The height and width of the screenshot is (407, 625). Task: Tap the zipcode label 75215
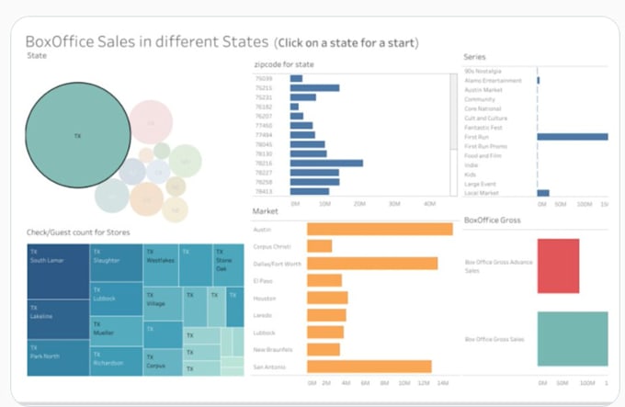(265, 88)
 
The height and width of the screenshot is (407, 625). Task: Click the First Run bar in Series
(572, 137)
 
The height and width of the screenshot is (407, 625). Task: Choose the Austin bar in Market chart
(379, 230)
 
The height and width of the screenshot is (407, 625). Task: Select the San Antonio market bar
(369, 367)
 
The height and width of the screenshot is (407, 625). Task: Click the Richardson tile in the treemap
(117, 358)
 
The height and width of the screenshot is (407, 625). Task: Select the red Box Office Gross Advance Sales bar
(558, 266)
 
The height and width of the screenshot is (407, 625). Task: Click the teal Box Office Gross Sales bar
(572, 339)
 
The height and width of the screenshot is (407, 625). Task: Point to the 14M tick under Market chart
(442, 383)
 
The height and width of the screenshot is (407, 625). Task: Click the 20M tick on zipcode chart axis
(360, 203)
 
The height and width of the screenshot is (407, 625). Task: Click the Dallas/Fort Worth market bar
(371, 264)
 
